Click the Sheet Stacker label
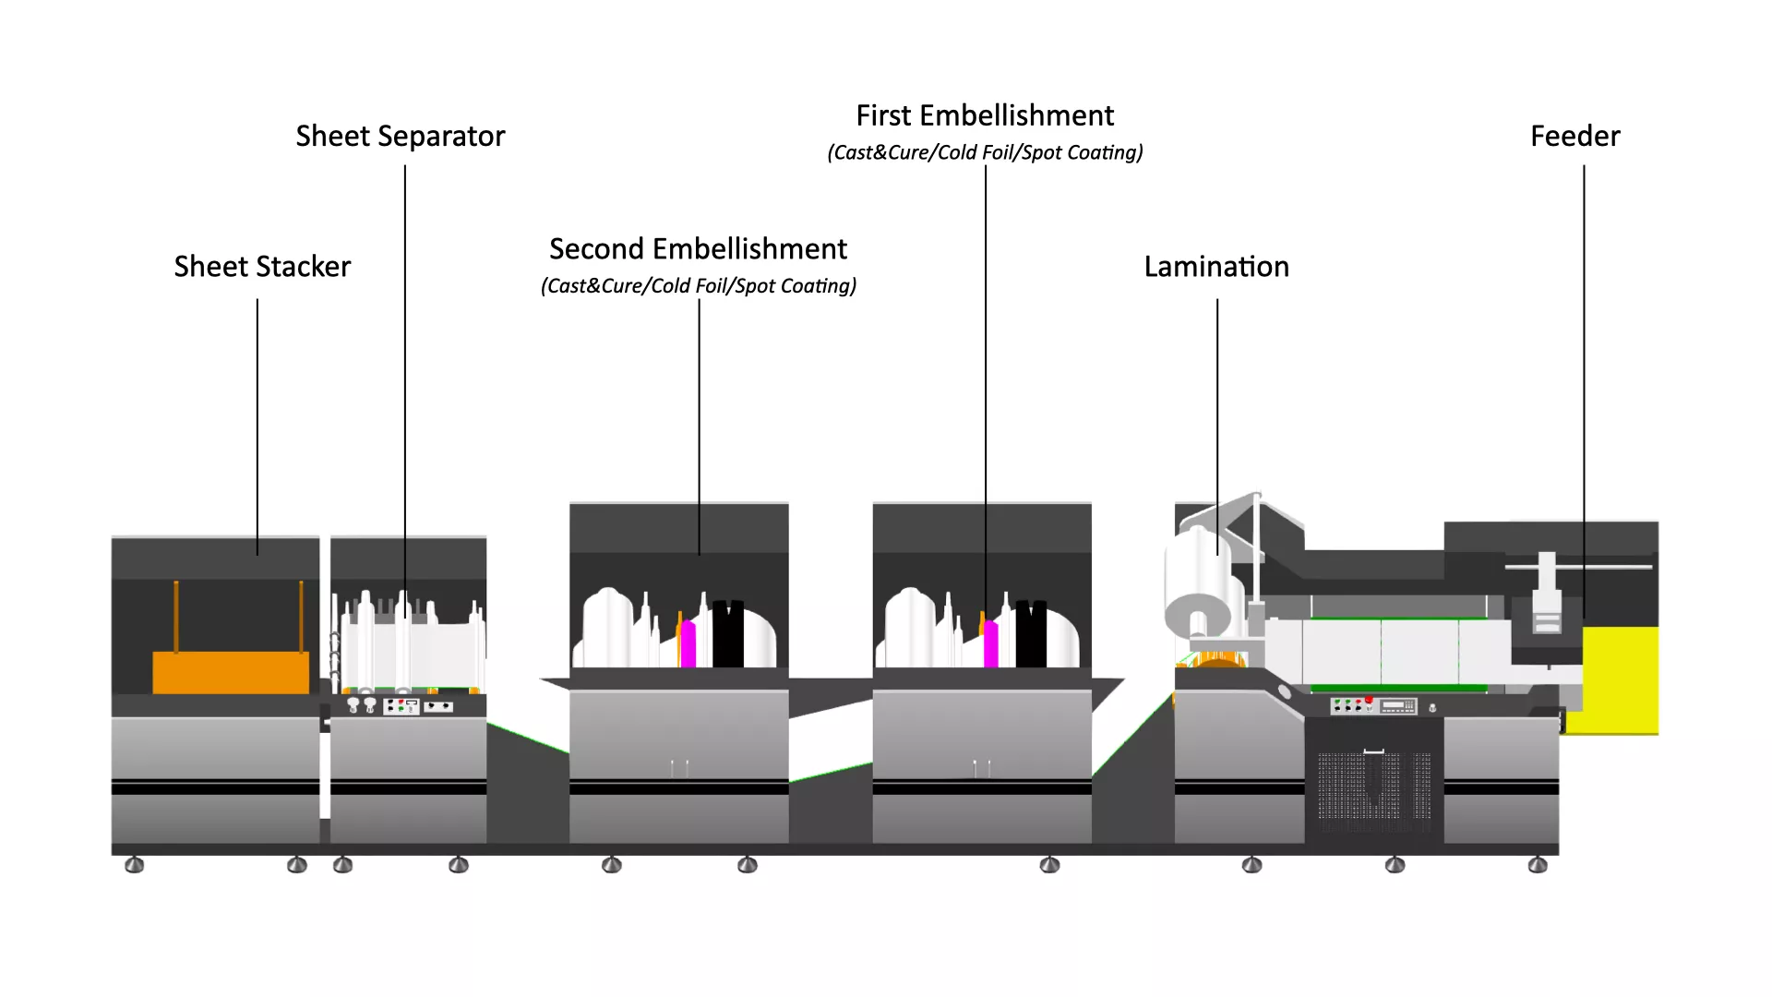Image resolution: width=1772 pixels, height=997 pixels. tap(262, 267)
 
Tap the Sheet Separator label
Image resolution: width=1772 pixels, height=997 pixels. tap(401, 137)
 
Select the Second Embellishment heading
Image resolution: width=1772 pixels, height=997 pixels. tap(698, 249)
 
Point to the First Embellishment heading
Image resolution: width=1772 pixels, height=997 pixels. tap(985, 115)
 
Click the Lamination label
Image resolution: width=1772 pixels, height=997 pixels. tap(1216, 267)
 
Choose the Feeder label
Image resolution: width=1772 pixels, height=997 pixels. tap(1574, 137)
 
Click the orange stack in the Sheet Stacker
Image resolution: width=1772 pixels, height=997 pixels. tap(231, 672)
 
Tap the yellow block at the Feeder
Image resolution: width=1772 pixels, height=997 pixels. tap(1621, 680)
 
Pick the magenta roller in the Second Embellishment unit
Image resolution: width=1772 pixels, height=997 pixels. tap(688, 643)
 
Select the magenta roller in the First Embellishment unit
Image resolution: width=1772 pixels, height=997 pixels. tap(990, 643)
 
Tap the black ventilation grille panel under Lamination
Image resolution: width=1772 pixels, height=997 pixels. tap(1373, 785)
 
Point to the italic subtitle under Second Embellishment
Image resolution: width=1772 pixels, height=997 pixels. tap(698, 286)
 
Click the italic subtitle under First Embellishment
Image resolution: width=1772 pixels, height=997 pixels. tap(985, 152)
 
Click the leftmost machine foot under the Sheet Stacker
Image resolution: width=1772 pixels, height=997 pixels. tap(134, 865)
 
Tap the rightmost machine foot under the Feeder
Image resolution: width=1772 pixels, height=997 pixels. tap(1538, 865)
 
